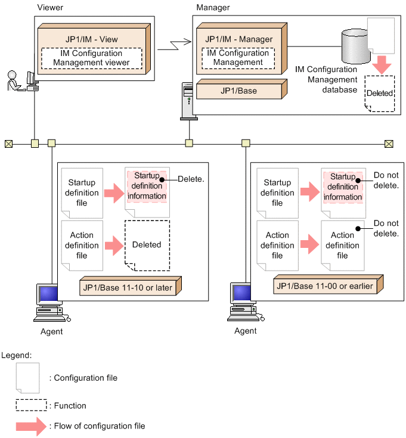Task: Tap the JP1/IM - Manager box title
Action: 238,39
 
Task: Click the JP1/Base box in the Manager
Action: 238,90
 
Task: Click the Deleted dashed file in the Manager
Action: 380,94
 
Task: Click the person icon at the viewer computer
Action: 14,80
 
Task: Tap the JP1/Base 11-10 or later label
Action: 128,288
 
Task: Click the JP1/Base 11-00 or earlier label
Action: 324,286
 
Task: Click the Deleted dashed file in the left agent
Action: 147,245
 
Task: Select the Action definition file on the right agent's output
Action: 342,245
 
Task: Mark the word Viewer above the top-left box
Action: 49,8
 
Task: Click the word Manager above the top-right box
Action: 213,8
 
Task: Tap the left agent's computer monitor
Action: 47,294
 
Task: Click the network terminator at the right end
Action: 389,143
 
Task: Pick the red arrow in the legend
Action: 31,426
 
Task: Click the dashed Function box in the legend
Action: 31,406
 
